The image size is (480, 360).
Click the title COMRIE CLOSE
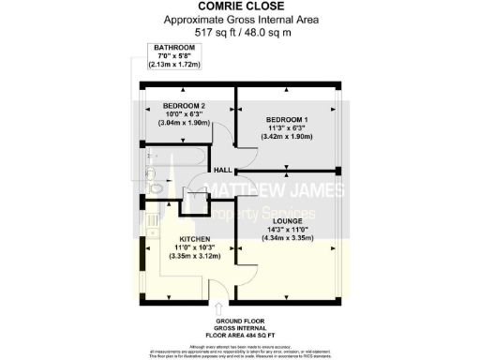click(x=239, y=7)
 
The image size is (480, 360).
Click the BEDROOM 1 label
click(x=286, y=120)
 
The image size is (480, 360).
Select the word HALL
click(x=223, y=171)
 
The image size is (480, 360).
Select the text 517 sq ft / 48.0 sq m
click(x=239, y=30)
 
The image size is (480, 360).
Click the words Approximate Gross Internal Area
click(x=239, y=20)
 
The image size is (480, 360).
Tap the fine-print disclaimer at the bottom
click(x=239, y=352)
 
